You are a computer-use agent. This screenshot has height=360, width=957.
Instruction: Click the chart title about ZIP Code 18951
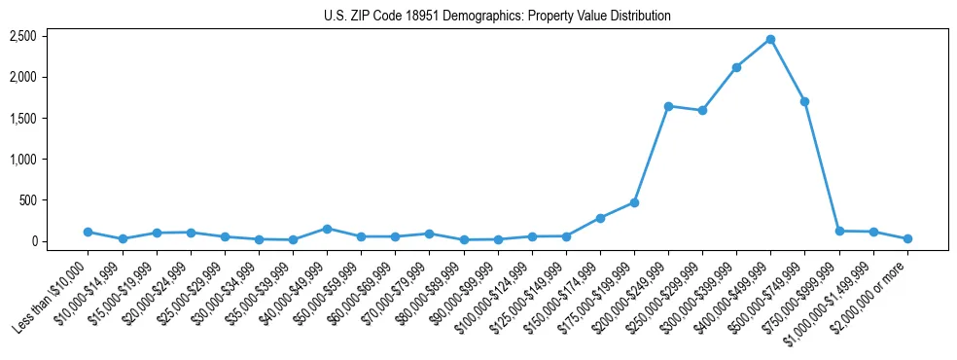[x=497, y=16]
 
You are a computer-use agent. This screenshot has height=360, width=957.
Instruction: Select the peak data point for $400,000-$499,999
[x=770, y=39]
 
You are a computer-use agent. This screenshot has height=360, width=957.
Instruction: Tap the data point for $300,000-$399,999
[x=736, y=67]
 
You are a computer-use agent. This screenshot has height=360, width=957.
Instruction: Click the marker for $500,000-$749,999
[x=804, y=101]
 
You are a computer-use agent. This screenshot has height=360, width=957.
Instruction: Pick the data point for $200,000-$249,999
[x=668, y=106]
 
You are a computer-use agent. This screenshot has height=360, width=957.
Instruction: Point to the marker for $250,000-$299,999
[x=702, y=110]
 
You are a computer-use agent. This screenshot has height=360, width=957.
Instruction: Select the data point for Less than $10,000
[x=89, y=232]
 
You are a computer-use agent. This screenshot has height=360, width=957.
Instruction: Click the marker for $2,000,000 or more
[x=906, y=238]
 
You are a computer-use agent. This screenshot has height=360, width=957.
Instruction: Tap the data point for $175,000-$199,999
[x=634, y=202]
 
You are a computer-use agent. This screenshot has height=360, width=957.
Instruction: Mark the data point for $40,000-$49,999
[x=327, y=229]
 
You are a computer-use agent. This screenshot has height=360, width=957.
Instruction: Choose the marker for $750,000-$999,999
[x=838, y=231]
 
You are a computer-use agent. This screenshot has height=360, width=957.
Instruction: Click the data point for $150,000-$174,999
[x=600, y=218]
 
